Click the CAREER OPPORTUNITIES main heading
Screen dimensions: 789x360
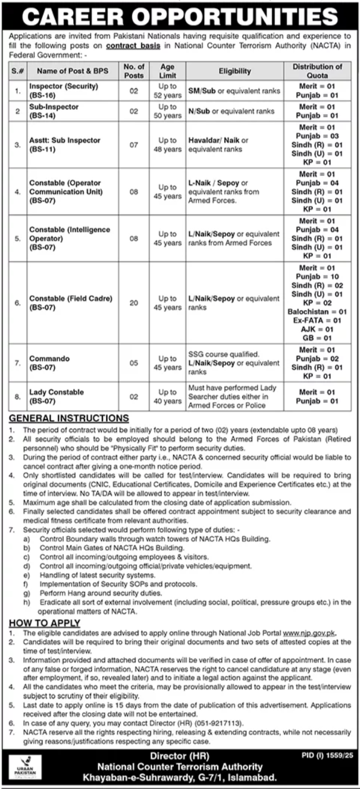coord(180,16)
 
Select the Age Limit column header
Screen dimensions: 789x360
coord(167,71)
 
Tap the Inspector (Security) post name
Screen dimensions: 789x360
coord(64,86)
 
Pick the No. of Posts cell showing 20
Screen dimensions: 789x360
coord(133,303)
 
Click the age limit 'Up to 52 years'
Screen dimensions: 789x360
coord(167,91)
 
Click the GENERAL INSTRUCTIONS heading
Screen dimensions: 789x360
coord(69,419)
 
